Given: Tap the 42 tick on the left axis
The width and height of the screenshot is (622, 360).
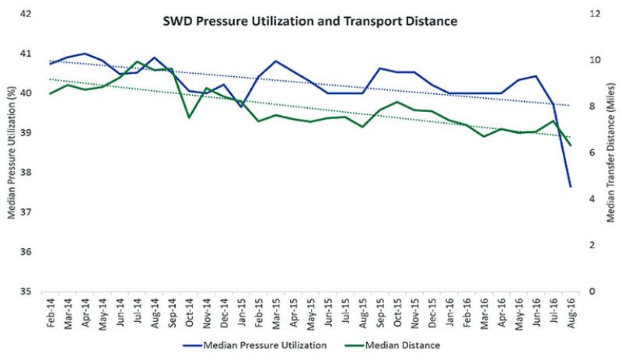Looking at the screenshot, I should point(26,14).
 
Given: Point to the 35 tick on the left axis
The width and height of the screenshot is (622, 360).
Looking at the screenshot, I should point(26,292).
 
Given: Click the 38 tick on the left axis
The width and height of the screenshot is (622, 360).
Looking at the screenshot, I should point(26,173).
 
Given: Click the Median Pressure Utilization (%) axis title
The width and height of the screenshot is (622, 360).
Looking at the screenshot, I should point(11,153).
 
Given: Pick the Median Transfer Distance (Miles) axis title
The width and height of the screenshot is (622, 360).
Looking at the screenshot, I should point(611,153).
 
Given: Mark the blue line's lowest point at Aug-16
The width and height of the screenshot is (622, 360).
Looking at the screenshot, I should point(571,187).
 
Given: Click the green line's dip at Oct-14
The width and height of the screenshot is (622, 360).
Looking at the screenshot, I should point(189,117).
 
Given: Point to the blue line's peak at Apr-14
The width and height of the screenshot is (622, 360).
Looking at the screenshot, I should point(85,54).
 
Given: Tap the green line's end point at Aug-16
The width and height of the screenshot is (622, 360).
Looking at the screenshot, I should point(571,145).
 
